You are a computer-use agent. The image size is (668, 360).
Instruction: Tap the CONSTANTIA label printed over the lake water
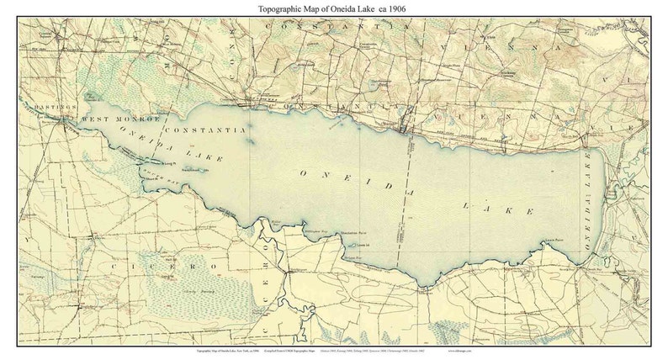(205, 130)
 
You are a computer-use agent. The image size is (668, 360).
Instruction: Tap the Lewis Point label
(552, 241)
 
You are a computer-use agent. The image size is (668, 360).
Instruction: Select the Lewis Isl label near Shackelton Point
(363, 245)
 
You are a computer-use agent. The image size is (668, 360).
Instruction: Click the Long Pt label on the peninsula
(170, 163)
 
